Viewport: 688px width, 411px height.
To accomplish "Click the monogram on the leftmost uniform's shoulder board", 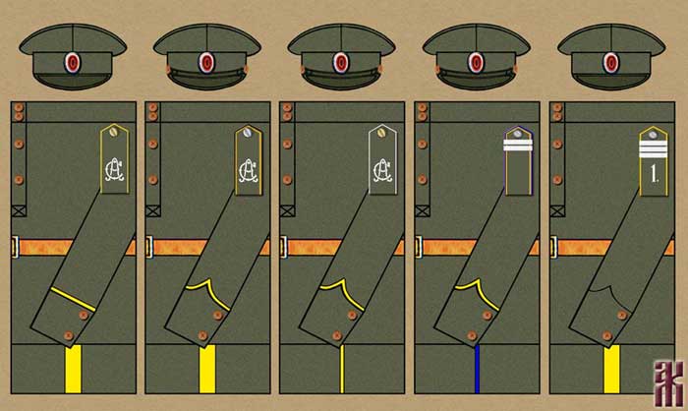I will (x=113, y=173).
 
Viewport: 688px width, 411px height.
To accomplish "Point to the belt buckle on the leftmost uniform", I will (x=15, y=246).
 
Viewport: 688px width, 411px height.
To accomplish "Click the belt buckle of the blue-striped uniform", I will (x=420, y=246).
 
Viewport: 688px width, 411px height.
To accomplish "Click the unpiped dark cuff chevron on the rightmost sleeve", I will (x=607, y=286).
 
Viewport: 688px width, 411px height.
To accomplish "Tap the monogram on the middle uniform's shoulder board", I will (x=382, y=173).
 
